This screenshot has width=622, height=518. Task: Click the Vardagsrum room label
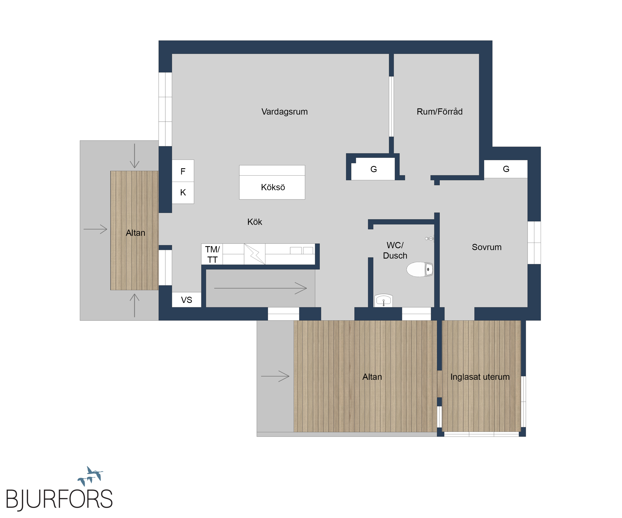tap(284, 112)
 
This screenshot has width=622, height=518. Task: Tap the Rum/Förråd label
tap(440, 112)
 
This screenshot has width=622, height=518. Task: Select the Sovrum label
tap(487, 247)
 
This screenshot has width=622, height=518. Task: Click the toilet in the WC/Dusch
tap(420, 269)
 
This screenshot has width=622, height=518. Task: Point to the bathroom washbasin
tap(384, 300)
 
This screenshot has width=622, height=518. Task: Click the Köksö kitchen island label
tap(273, 187)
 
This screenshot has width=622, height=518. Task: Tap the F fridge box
tap(183, 171)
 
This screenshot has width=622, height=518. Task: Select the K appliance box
tap(183, 193)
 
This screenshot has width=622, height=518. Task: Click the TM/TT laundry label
tap(212, 255)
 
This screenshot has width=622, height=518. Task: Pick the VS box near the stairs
tap(187, 300)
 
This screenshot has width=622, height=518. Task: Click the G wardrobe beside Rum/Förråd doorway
tap(373, 169)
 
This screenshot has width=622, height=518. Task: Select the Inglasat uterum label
tap(480, 377)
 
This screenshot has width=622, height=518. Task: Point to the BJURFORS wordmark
tap(59, 499)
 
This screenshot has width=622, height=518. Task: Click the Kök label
tap(255, 222)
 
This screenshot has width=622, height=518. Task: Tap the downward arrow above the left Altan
tap(135, 156)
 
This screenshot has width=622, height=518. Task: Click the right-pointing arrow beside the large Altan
tap(275, 376)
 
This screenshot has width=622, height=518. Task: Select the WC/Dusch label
tap(395, 250)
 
